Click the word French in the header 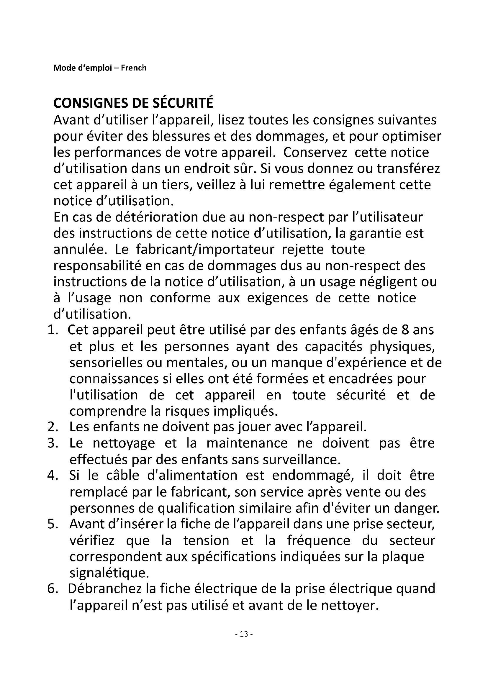134,68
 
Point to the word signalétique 109,573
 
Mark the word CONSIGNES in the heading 91,103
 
